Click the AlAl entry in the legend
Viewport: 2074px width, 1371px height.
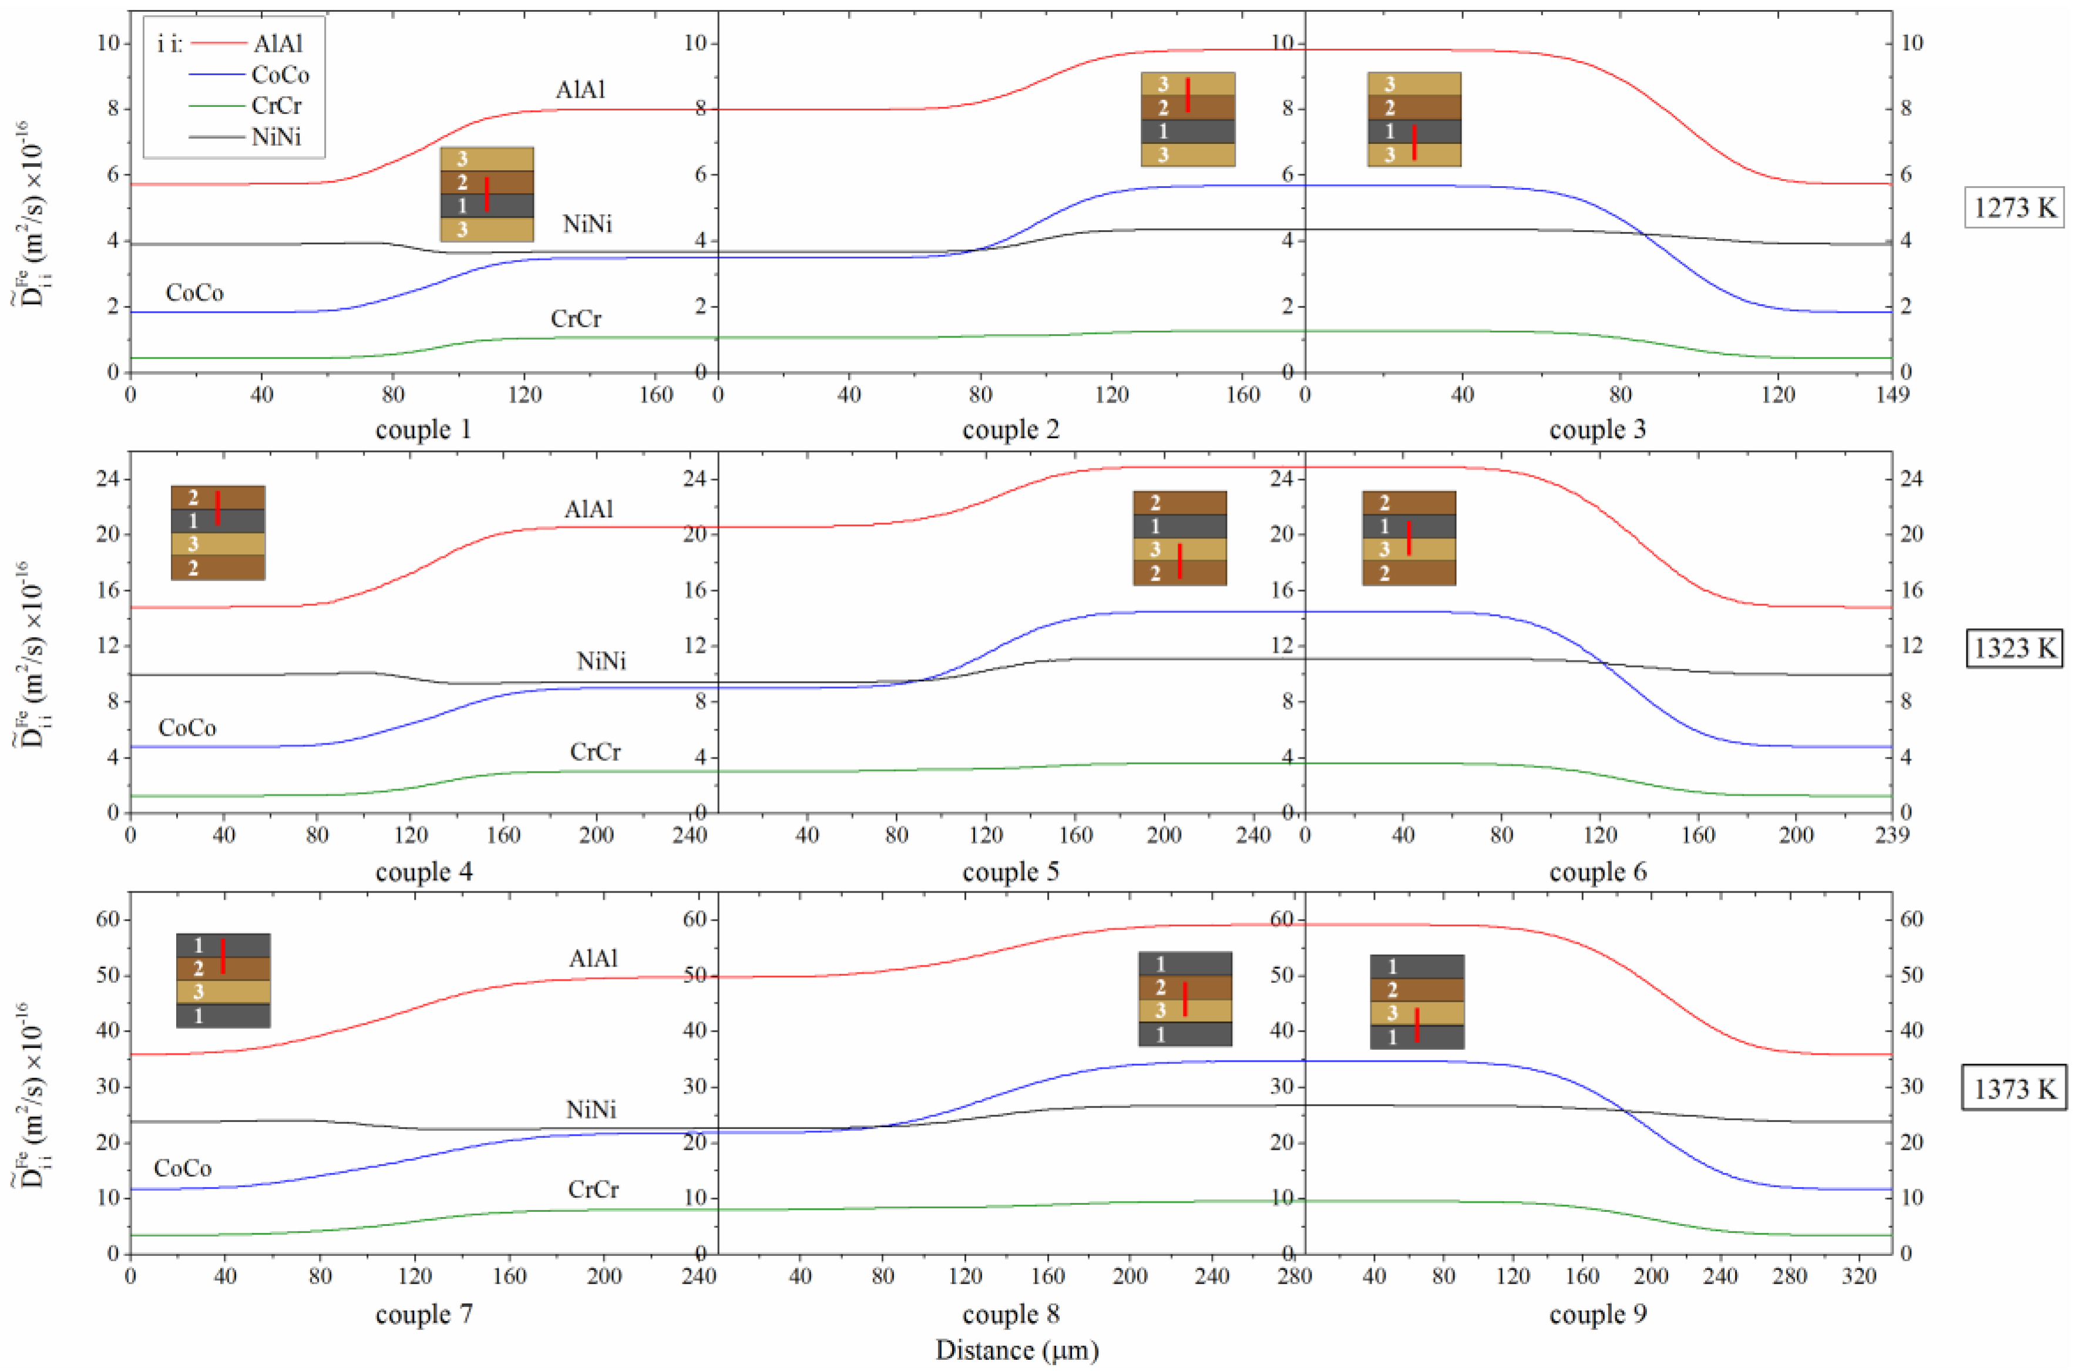[x=278, y=43]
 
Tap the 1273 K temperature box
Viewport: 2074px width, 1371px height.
[x=2014, y=208]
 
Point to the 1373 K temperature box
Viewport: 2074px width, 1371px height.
[x=2014, y=1089]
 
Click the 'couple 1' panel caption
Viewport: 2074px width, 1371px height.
[x=423, y=430]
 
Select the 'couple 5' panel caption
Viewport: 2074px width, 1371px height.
[x=1010, y=872]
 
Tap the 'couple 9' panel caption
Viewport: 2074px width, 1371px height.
[x=1597, y=1314]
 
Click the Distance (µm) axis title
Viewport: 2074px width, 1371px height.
[x=1017, y=1351]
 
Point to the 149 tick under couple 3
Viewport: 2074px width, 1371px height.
[x=1892, y=395]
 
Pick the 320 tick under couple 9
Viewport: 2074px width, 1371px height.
[x=1859, y=1276]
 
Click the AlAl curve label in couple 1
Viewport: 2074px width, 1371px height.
[x=580, y=90]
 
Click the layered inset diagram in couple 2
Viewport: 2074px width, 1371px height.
[x=1188, y=120]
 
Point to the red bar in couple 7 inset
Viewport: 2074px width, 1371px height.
[x=223, y=956]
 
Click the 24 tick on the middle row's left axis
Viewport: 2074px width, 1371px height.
[x=109, y=479]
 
